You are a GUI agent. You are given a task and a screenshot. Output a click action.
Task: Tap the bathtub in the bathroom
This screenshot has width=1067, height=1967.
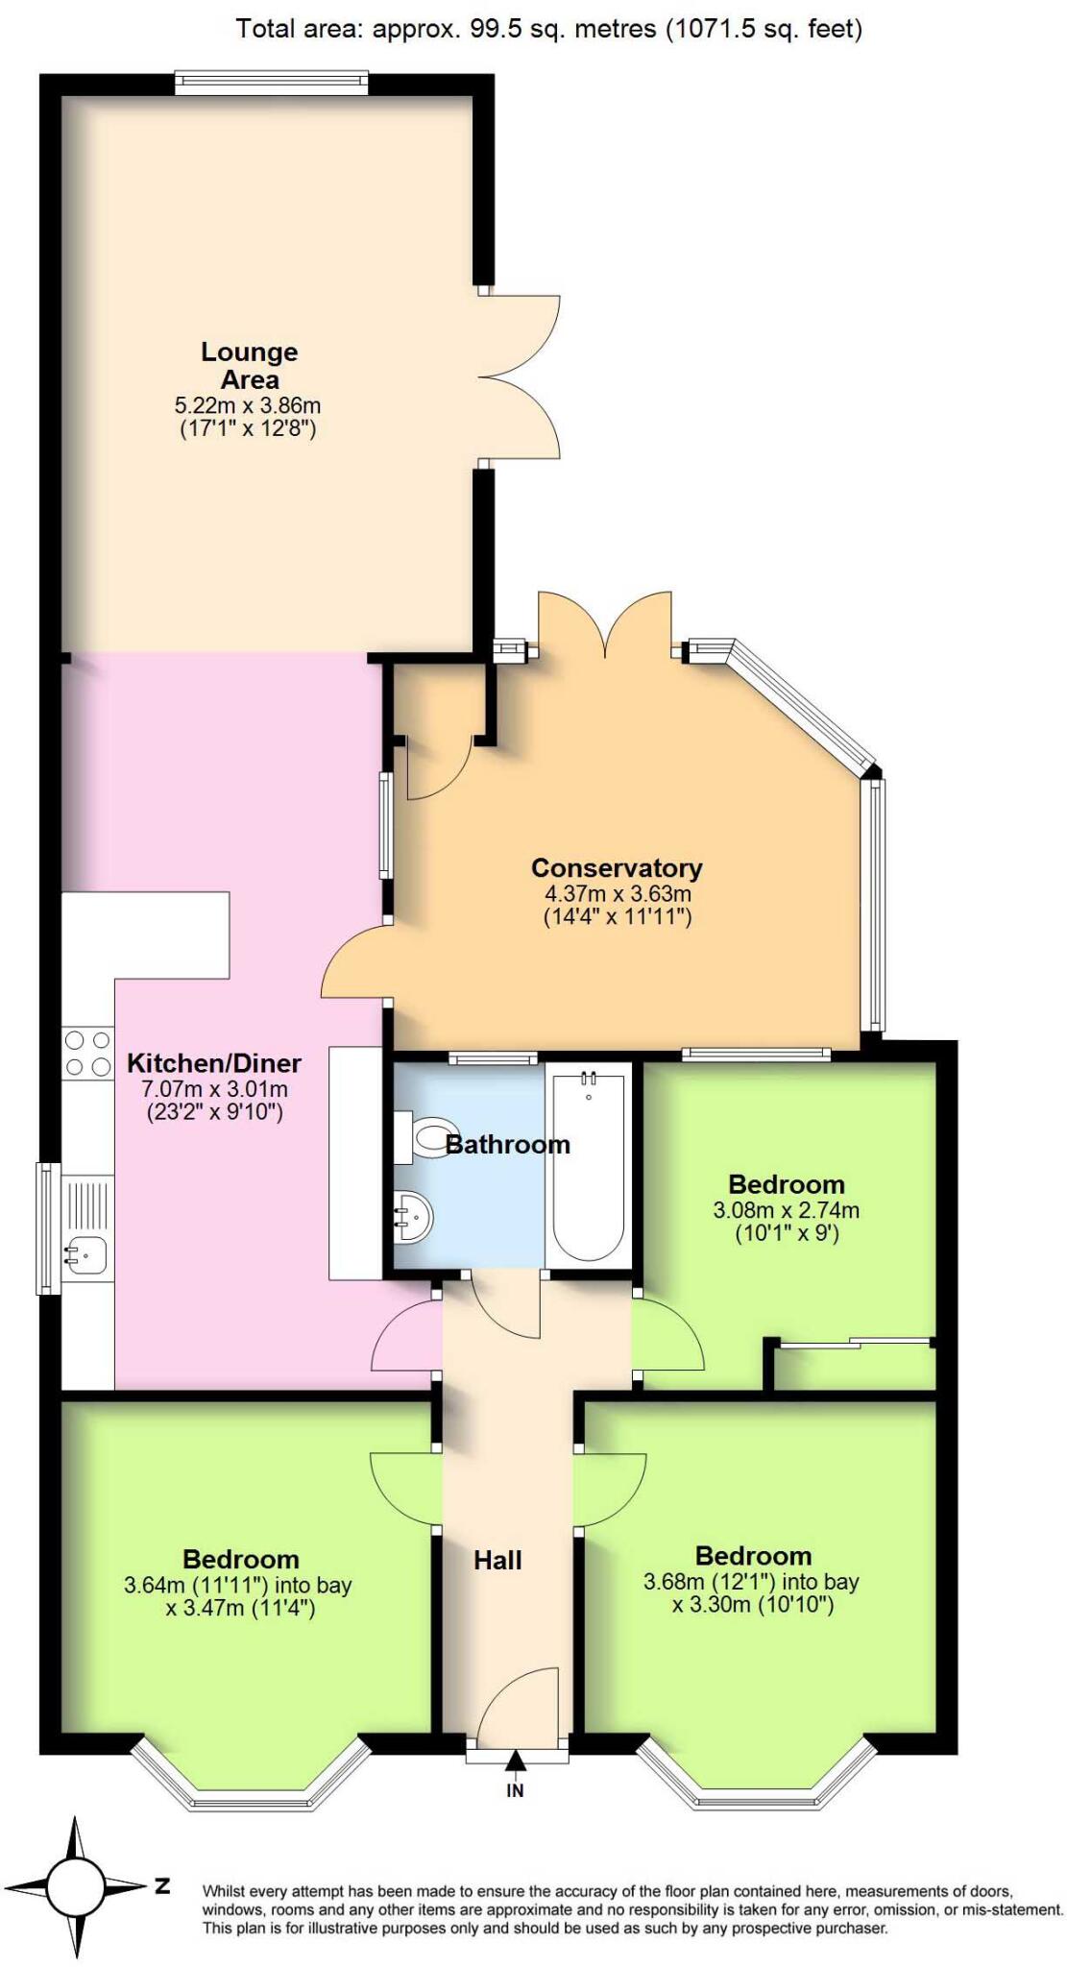(x=589, y=1168)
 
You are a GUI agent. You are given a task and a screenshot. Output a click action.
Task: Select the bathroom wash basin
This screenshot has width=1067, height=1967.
(x=414, y=1217)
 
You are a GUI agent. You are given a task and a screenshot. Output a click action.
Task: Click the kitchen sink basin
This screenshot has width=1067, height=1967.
(x=86, y=1253)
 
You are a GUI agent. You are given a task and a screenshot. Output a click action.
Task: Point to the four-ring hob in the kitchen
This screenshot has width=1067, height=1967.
(x=87, y=1053)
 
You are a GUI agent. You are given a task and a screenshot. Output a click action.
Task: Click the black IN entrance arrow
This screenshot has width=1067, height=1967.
(x=516, y=1761)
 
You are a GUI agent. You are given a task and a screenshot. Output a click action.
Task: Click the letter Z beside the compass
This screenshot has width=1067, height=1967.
(x=162, y=1885)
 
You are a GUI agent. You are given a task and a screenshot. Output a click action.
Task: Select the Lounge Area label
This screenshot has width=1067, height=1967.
(x=249, y=365)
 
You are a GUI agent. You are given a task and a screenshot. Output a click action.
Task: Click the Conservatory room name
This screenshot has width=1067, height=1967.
(x=617, y=868)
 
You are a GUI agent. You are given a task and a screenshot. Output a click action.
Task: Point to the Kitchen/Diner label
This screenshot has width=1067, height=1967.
(x=214, y=1063)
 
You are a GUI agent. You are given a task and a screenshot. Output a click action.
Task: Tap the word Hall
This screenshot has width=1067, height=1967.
(x=497, y=1560)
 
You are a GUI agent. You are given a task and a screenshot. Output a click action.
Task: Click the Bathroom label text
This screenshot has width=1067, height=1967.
(x=508, y=1144)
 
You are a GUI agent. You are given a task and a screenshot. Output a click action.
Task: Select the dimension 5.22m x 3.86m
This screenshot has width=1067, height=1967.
(x=248, y=405)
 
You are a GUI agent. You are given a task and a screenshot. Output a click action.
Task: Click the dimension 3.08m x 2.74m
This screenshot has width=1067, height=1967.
(x=786, y=1210)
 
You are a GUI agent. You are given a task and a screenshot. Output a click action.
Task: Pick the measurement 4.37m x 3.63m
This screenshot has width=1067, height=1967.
(x=618, y=893)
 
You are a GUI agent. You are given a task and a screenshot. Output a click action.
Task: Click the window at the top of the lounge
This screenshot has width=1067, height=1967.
(x=272, y=83)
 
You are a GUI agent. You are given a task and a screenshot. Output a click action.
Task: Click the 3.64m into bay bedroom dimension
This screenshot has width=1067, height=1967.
(x=237, y=1585)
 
